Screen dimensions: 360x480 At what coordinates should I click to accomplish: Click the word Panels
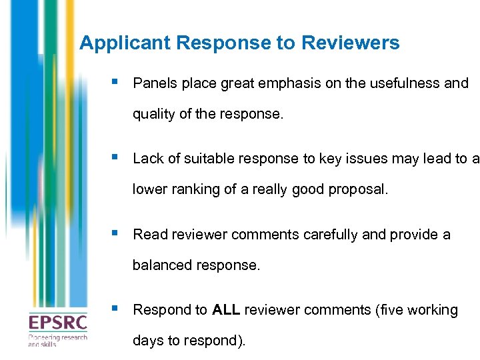click(x=153, y=83)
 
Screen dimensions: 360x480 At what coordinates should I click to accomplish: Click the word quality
click(x=153, y=114)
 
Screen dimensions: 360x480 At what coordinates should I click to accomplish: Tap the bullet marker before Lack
click(x=116, y=158)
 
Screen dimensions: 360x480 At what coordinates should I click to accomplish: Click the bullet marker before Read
click(x=116, y=233)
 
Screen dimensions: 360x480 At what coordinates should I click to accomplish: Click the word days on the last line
click(x=146, y=341)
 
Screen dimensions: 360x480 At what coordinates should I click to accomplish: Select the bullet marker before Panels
click(x=116, y=83)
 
